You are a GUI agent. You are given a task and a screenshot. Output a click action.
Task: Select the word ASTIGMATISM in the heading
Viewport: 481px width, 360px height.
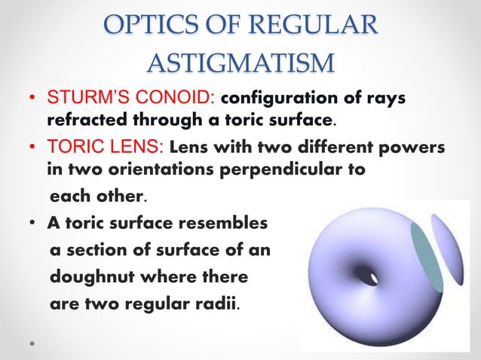(240, 63)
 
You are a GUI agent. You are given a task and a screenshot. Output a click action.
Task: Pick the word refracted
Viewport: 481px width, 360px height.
(87, 120)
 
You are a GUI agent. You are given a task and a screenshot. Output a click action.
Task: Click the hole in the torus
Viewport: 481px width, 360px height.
(368, 276)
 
